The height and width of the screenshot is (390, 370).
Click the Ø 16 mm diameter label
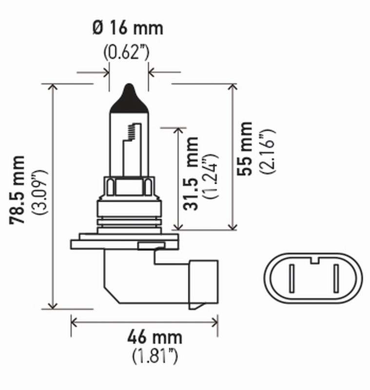(128, 28)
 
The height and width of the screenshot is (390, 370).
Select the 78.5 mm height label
(19, 190)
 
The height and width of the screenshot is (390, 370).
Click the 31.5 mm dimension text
(192, 174)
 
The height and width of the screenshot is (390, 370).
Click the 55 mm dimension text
(245, 149)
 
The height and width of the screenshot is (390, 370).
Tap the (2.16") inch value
(267, 151)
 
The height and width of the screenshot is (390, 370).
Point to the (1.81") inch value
(154, 357)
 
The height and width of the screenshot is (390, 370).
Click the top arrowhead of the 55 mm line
(233, 87)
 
